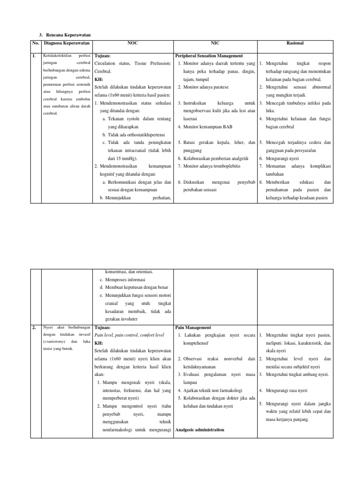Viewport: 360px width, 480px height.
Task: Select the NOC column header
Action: coord(133,43)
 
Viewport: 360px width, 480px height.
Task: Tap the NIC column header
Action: coord(215,43)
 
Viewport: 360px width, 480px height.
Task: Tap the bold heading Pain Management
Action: coord(193,328)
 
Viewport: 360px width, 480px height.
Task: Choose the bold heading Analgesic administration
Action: coord(199,430)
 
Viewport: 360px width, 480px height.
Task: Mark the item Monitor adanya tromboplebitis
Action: coord(212,166)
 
